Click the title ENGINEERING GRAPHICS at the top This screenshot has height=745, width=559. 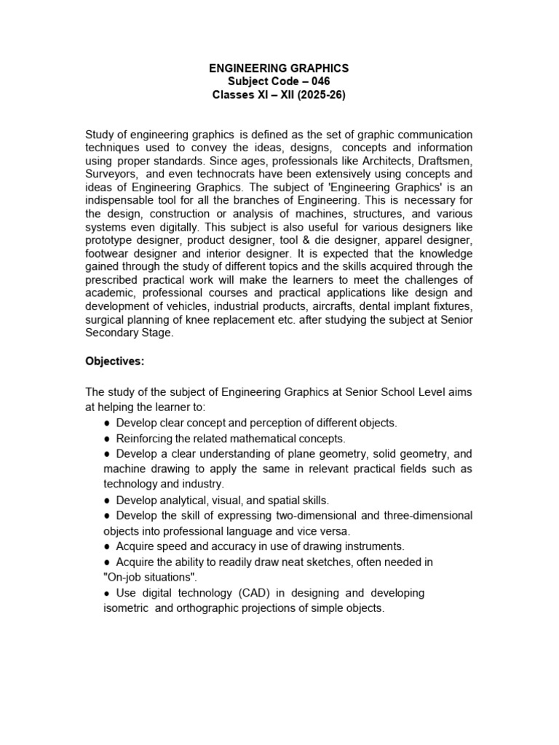coord(279,68)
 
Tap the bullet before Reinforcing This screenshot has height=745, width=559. coord(108,439)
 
